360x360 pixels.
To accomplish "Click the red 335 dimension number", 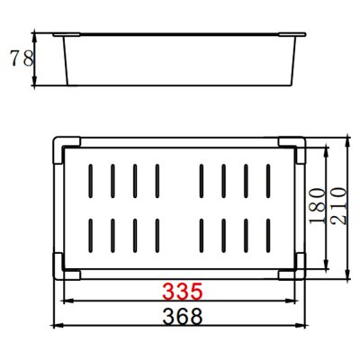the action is click(183, 292).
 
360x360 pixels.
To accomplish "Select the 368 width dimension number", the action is click(183, 317).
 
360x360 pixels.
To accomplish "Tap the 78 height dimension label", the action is click(22, 58).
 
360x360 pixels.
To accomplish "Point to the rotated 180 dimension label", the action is click(318, 206).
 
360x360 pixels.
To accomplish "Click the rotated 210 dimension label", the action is click(338, 206).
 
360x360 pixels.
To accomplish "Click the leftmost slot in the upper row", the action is click(91, 181).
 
